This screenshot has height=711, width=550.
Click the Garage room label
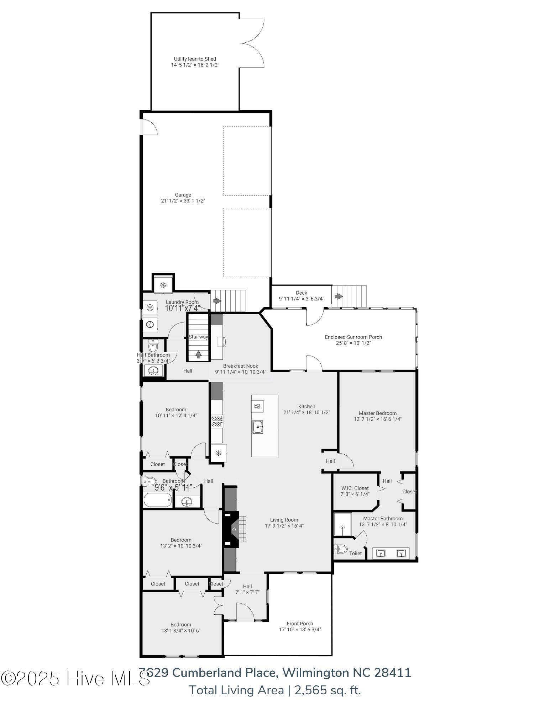183,194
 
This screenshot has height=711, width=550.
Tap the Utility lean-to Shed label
195,59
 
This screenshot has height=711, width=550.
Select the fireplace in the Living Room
232,529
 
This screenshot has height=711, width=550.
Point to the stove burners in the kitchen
217,421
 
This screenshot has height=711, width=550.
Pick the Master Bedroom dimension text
377,419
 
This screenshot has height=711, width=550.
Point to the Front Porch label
300,624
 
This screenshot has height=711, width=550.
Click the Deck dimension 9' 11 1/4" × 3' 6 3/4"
301,299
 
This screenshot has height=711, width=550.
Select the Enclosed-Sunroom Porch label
353,337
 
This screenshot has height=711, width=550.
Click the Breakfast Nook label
240,366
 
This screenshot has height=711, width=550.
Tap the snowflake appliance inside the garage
163,285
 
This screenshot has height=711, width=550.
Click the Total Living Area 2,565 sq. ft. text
275,690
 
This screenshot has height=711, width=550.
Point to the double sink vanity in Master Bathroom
391,553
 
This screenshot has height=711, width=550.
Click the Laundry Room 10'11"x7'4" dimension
182,308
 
